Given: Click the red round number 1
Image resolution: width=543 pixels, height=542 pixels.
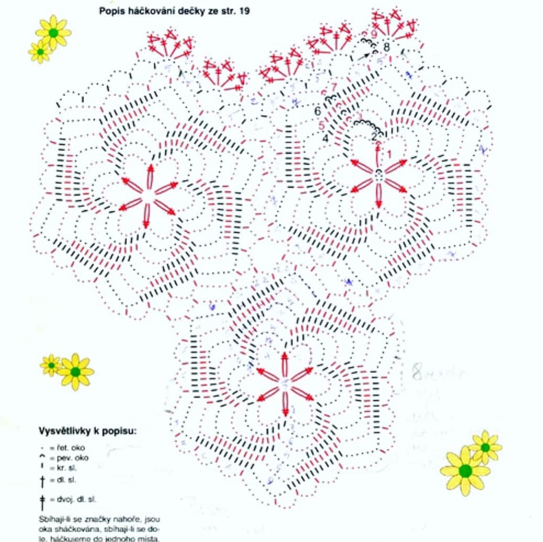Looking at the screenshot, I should pyautogui.click(x=388, y=154).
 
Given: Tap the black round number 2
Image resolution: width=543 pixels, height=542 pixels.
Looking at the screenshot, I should pyautogui.click(x=375, y=137).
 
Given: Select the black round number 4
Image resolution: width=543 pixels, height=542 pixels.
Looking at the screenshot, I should pyautogui.click(x=325, y=139).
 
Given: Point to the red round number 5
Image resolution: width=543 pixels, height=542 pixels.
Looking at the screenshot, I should pyautogui.click(x=321, y=126).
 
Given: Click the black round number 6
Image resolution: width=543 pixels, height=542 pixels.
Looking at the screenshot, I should pyautogui.click(x=318, y=111).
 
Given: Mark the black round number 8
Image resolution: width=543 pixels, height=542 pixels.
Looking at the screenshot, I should pyautogui.click(x=387, y=47).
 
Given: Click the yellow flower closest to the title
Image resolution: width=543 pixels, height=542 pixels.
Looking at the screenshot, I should pyautogui.click(x=53, y=32).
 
